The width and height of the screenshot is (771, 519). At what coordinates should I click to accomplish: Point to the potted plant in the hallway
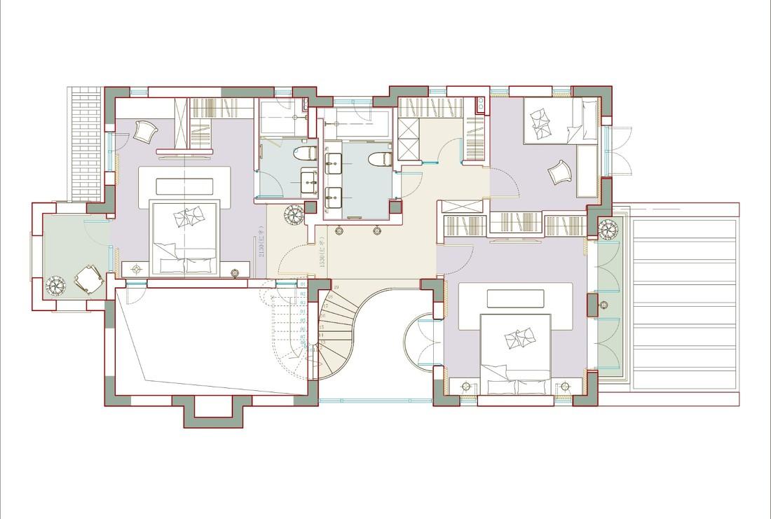coord(293,212)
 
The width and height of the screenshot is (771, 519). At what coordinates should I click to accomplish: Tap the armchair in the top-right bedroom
coord(559,172)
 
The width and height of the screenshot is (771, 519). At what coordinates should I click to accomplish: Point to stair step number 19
coord(336,288)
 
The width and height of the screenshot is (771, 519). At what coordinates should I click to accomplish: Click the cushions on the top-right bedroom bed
coord(540,120)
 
